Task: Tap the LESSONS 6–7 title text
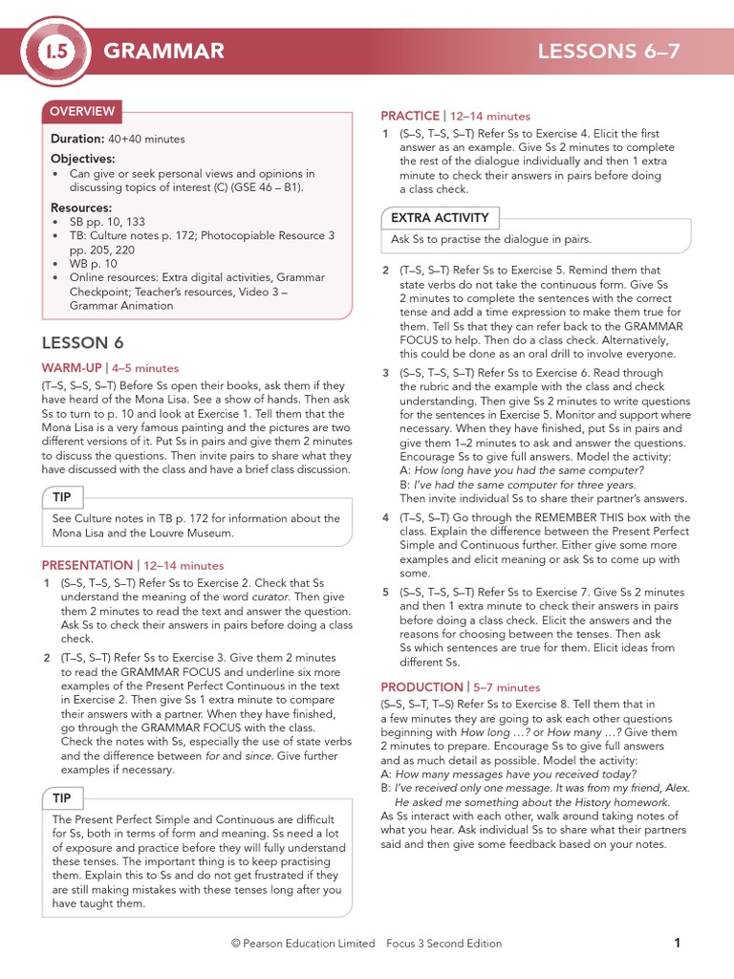[x=609, y=52]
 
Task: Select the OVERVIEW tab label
[x=82, y=112]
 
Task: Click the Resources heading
[x=81, y=207]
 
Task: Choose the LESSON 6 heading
[x=83, y=343]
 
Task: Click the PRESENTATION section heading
[x=87, y=566]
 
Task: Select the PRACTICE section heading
[x=410, y=116]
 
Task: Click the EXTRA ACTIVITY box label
[x=440, y=218]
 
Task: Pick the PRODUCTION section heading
[x=421, y=687]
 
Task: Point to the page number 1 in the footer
[x=677, y=944]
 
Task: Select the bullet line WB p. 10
[x=94, y=263]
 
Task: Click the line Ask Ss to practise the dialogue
[x=491, y=239]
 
